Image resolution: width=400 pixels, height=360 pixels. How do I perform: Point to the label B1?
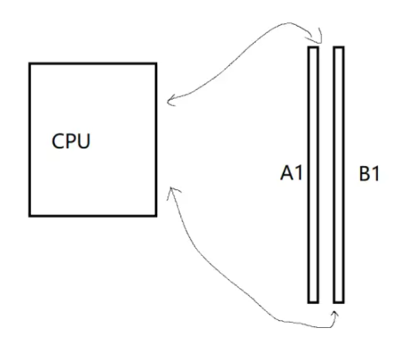(370, 175)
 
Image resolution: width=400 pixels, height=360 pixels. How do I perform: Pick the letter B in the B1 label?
(364, 175)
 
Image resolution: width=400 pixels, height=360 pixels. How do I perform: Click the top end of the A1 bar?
(313, 49)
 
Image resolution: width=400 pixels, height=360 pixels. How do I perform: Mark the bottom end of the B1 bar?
(339, 300)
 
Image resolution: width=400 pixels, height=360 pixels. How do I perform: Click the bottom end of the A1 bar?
(313, 300)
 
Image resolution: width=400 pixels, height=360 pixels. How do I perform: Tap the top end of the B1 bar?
(339, 49)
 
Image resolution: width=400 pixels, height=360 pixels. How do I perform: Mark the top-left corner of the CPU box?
(29, 64)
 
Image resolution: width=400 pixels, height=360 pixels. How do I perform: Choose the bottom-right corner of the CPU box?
(157, 214)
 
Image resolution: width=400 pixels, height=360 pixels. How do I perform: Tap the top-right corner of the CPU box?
(157, 64)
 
